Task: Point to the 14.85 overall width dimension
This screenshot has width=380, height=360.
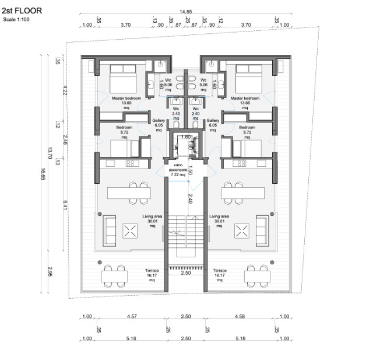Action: [185, 11]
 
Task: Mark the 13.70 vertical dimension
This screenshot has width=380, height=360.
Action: [51, 153]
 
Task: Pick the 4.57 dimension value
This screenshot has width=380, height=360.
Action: [132, 317]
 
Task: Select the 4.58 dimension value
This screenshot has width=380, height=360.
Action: [239, 317]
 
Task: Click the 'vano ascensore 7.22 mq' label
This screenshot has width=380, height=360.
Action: [174, 169]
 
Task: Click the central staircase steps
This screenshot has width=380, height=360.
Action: [185, 233]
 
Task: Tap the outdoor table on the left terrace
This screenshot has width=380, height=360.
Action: [114, 275]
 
